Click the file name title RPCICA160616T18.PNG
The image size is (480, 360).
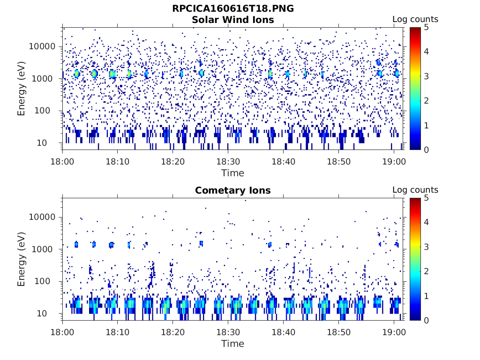(233, 8)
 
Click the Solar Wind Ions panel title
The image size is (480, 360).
(233, 20)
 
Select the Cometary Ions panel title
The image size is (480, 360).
(233, 190)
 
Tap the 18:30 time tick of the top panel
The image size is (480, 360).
(228, 161)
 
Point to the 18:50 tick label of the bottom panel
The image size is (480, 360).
(338, 331)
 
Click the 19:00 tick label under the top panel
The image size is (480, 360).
(394, 161)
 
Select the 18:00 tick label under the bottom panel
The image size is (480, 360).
(63, 331)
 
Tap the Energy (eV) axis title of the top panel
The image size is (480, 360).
(22, 89)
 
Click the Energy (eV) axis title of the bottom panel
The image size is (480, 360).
(22, 259)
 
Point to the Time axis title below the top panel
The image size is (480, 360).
(233, 173)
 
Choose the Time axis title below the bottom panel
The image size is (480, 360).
(233, 344)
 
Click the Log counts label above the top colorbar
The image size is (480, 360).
(415, 19)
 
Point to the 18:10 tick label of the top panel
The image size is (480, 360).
(118, 161)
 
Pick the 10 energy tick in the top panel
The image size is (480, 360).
(50, 143)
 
